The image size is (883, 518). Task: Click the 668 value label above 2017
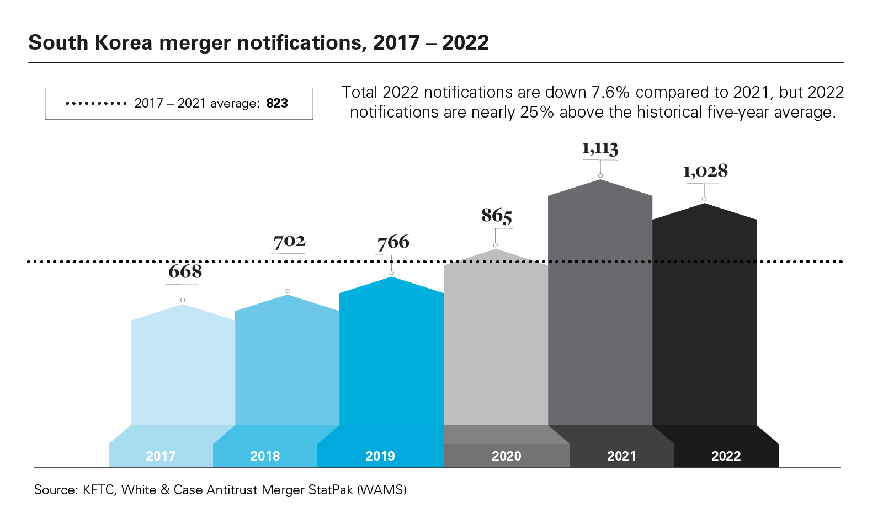(x=185, y=271)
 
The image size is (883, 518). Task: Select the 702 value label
(x=289, y=241)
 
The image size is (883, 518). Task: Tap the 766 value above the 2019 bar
(x=393, y=242)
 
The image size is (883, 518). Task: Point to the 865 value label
(x=497, y=215)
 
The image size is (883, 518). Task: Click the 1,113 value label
(x=600, y=148)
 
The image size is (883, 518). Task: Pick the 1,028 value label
(x=705, y=171)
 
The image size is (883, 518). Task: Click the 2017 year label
(x=161, y=456)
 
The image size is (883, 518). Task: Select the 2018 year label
(x=265, y=456)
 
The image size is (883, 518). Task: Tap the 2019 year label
(x=380, y=456)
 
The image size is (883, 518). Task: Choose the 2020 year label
(x=506, y=456)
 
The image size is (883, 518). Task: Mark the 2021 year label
(x=621, y=456)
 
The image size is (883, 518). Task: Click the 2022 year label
(x=726, y=456)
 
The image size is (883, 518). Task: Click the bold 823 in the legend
(x=277, y=104)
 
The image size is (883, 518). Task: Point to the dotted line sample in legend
(x=96, y=104)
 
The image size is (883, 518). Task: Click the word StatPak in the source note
(x=331, y=490)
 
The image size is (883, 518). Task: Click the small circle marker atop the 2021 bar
(x=600, y=175)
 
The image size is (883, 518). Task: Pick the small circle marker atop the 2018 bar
(x=288, y=291)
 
